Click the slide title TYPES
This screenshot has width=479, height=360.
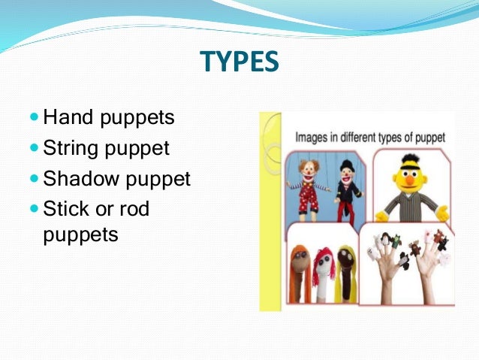239,62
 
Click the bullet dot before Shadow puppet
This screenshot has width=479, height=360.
35,180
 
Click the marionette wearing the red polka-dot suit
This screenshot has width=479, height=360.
308,188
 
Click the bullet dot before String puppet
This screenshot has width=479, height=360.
35,149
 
